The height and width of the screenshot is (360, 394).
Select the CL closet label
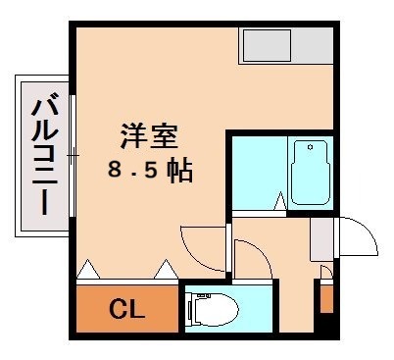(x=126, y=311)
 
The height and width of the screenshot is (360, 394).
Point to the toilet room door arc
(x=252, y=259)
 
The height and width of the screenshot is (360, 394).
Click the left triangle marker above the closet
(x=88, y=267)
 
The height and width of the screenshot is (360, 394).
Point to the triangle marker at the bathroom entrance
(x=279, y=203)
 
